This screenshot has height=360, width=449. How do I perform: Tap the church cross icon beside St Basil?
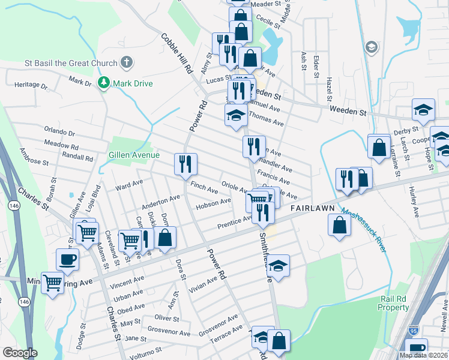127,62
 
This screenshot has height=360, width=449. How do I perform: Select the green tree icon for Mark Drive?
105,82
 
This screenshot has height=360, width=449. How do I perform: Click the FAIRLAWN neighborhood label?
312,208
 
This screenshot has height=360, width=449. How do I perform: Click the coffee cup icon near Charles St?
67,260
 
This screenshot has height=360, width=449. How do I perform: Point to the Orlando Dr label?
59,131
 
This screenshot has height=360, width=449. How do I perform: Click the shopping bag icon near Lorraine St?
379,147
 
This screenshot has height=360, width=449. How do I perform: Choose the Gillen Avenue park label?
134,155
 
